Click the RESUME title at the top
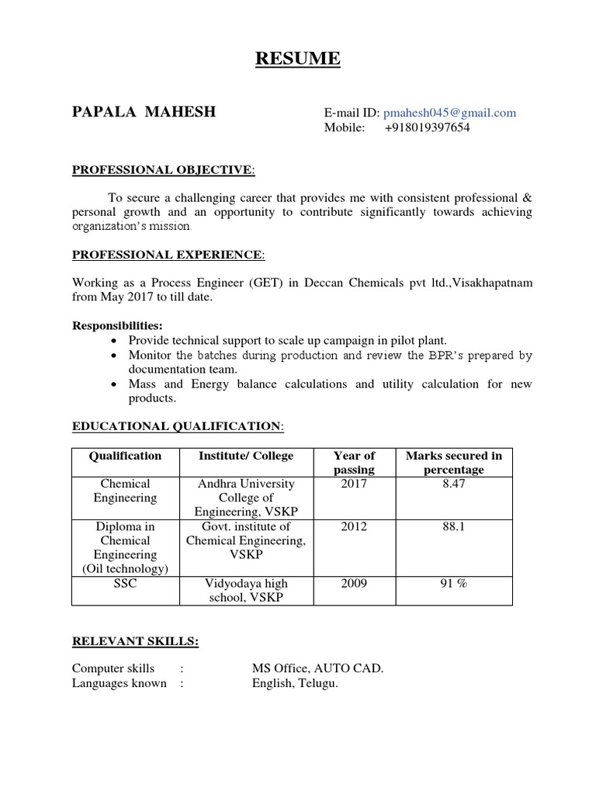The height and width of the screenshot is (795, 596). [x=298, y=59]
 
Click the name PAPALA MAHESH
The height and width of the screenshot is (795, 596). [x=144, y=113]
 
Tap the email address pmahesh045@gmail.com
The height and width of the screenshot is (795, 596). [x=449, y=113]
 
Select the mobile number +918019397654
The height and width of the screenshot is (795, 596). [x=427, y=128]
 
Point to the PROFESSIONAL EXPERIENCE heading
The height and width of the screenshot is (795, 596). [x=168, y=255]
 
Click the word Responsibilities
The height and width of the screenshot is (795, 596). [x=117, y=326]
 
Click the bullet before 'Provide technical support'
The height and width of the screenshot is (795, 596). [x=115, y=341]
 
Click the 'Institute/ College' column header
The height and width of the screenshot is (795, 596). [x=246, y=456]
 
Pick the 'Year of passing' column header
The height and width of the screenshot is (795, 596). [x=354, y=463]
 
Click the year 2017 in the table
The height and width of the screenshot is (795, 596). [x=354, y=484]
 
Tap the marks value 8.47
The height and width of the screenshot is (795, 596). [x=454, y=484]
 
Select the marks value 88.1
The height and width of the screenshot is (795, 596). [x=454, y=526]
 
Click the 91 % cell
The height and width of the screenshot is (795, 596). [x=454, y=584]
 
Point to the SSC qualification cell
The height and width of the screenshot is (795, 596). [x=124, y=584]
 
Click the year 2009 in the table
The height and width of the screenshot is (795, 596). [x=354, y=584]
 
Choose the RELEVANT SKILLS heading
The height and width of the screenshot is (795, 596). [x=135, y=641]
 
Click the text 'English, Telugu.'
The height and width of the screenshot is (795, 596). [x=295, y=683]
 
